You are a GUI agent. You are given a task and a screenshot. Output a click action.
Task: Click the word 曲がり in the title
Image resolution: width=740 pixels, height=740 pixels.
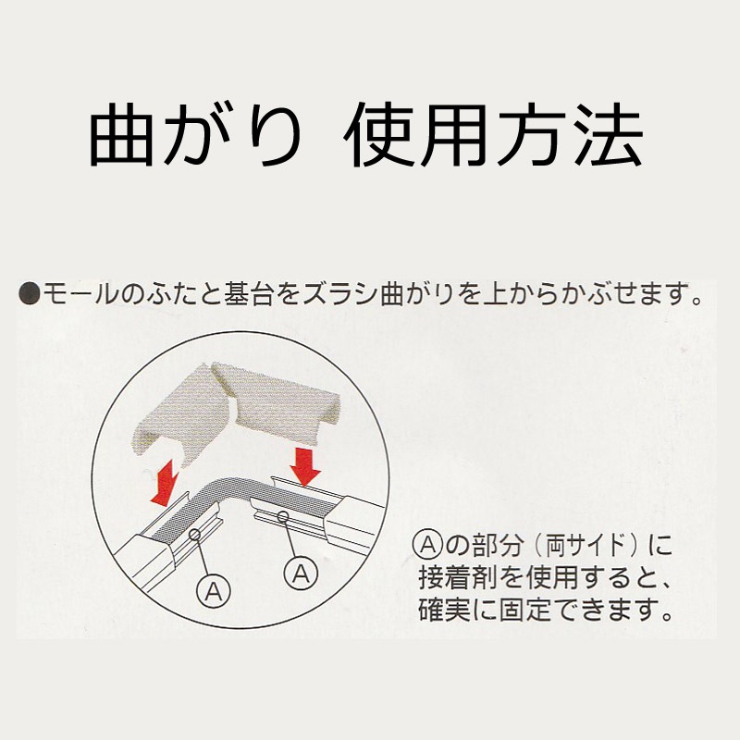195,134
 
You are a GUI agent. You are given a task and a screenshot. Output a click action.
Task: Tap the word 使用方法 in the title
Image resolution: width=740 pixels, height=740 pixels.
494,134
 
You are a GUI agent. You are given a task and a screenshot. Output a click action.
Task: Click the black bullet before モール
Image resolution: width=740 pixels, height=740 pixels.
30,293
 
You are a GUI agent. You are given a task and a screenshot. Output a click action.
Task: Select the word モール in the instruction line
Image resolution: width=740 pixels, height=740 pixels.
80,293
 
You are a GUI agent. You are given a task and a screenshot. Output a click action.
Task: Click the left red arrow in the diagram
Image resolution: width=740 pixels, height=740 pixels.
166,482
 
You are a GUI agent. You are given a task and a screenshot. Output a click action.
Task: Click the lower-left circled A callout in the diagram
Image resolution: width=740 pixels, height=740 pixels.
214,590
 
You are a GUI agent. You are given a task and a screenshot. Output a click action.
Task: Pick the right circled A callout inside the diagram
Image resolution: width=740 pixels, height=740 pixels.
302,573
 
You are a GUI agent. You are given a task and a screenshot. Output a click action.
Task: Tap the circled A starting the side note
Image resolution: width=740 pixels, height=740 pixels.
427,546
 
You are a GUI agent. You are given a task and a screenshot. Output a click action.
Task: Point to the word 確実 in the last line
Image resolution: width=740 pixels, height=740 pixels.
445,610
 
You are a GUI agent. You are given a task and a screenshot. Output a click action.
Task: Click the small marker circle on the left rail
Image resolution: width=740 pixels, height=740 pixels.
194,534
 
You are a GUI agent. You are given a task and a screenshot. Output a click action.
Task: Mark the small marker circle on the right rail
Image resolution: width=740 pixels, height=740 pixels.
283,517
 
